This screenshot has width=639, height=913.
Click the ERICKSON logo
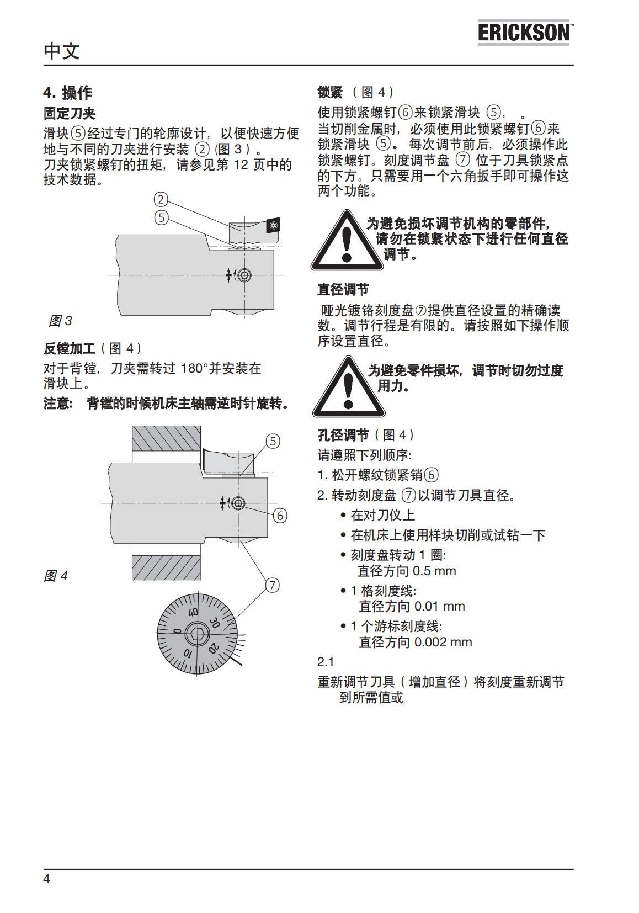tap(524, 33)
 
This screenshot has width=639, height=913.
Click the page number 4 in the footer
tap(47, 879)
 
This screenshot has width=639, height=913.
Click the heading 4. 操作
tap(68, 92)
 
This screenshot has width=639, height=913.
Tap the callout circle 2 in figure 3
tap(161, 199)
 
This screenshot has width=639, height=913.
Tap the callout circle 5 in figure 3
tap(161, 217)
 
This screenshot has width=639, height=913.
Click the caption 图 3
tap(60, 321)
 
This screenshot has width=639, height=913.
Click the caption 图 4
tap(56, 576)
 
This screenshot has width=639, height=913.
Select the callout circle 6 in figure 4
tap(280, 516)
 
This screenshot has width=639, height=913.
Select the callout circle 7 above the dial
tap(273, 585)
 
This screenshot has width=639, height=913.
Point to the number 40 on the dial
tap(193, 612)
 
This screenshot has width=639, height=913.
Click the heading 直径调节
tap(343, 289)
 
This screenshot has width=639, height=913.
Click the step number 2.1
tap(326, 662)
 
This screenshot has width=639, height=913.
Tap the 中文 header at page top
tap(62, 51)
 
